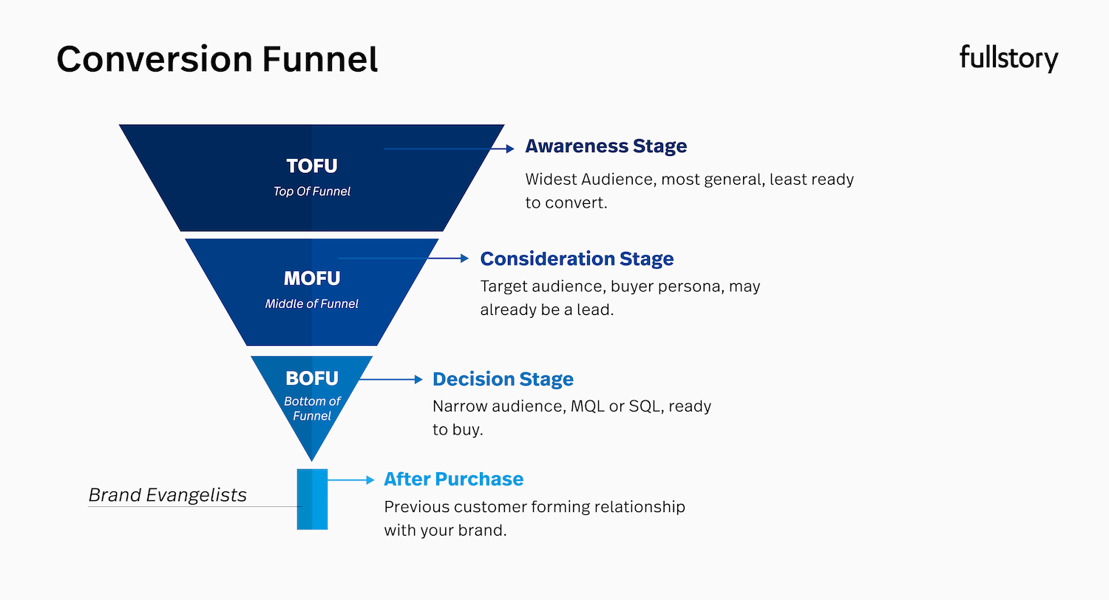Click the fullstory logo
pos(1008,58)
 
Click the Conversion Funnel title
pos(217,59)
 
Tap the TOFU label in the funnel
pos(312,166)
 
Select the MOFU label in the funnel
pos(312,279)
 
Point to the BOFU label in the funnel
pos(312,378)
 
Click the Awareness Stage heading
pos(606,146)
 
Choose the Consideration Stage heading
pos(577,259)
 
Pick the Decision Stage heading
pos(503,379)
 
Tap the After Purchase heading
pos(453,479)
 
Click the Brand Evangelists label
pos(167,494)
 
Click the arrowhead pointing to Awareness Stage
pos(509,149)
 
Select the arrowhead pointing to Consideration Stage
pos(464,259)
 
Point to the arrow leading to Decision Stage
pos(392,379)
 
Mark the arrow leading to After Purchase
pos(352,480)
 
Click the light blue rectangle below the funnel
pos(312,499)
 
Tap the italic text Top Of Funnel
pos(312,191)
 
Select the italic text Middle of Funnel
pos(312,304)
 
